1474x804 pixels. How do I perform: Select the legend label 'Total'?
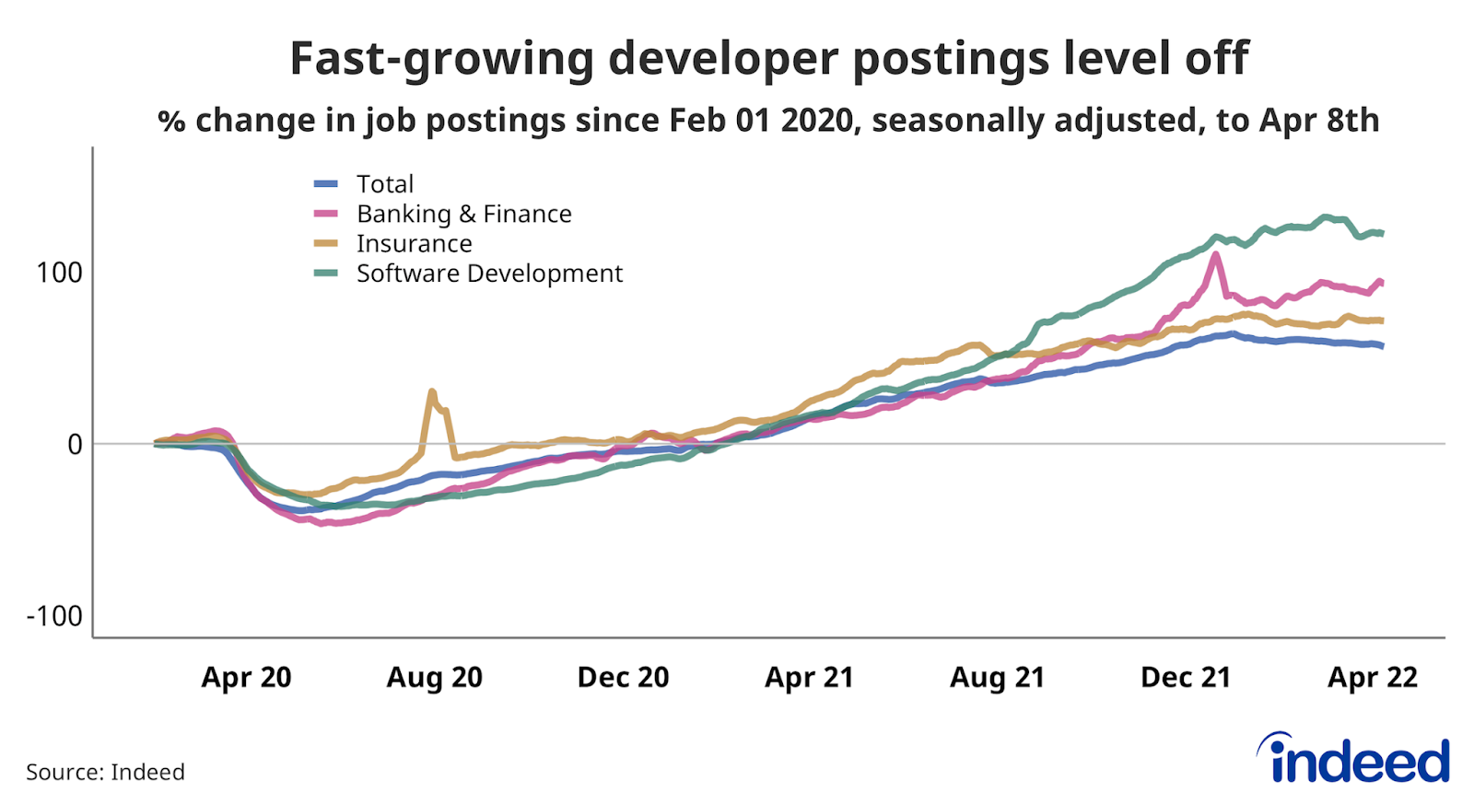(x=385, y=184)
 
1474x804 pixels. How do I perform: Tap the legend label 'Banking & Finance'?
(x=463, y=214)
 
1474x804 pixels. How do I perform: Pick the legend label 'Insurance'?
(x=414, y=243)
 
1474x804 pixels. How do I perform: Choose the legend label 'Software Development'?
(x=489, y=274)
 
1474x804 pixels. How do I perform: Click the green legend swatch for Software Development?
(x=326, y=274)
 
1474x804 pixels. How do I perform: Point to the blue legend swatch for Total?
(x=326, y=184)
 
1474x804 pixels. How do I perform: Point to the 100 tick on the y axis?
(x=59, y=273)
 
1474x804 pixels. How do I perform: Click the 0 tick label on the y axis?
(x=75, y=445)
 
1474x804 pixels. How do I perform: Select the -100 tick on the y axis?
(x=54, y=616)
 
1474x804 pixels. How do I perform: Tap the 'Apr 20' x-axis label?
(x=246, y=678)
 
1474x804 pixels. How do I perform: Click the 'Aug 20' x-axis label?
(x=434, y=678)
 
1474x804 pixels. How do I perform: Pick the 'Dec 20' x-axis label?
(x=623, y=678)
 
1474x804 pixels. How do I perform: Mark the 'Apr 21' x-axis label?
(x=809, y=678)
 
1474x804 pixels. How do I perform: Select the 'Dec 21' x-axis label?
(x=1186, y=678)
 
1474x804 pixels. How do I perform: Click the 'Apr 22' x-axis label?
(x=1372, y=678)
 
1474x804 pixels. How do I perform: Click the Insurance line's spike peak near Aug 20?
(x=432, y=391)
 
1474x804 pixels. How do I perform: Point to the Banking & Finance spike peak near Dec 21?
(x=1216, y=254)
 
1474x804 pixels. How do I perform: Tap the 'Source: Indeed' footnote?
(x=105, y=772)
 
